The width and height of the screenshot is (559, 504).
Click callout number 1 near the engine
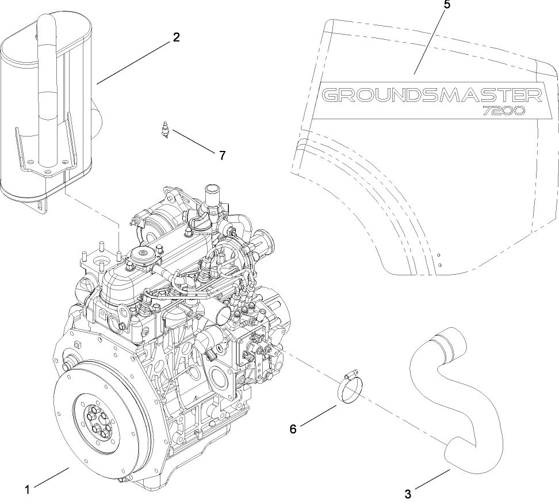(x=27, y=491)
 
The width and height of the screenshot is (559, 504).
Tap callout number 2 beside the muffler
(x=176, y=37)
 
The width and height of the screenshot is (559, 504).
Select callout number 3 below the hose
(x=408, y=494)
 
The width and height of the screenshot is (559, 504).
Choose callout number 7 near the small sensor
(x=222, y=155)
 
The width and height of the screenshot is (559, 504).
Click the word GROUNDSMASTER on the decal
(x=431, y=94)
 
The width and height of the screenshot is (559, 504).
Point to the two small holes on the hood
(x=438, y=259)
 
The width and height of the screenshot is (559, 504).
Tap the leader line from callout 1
(x=51, y=480)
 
